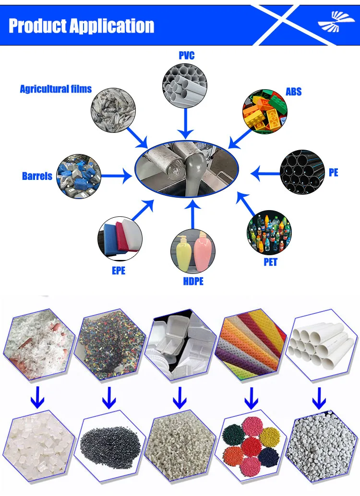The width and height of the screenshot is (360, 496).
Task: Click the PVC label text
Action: pyautogui.click(x=186, y=56)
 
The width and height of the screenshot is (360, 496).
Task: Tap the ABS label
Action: pyautogui.click(x=293, y=91)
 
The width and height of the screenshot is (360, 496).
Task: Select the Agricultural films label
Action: pyautogui.click(x=56, y=89)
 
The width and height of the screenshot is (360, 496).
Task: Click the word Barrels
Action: pyautogui.click(x=37, y=176)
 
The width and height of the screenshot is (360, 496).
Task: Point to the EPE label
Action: pyautogui.click(x=119, y=271)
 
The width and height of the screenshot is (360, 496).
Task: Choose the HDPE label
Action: pyautogui.click(x=193, y=281)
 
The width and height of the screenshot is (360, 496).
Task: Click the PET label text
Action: pyautogui.click(x=270, y=262)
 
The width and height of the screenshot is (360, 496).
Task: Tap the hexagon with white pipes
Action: pyautogui.click(x=320, y=343)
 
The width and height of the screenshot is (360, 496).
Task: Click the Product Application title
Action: pyautogui.click(x=82, y=26)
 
